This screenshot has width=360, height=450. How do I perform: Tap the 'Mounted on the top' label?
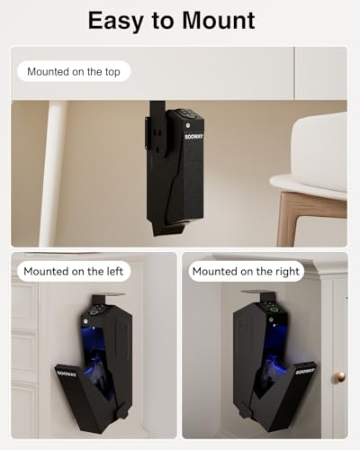(x=78, y=71)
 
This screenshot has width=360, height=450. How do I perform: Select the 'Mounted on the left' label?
(x=76, y=271)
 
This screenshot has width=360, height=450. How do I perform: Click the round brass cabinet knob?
(x=339, y=376)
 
